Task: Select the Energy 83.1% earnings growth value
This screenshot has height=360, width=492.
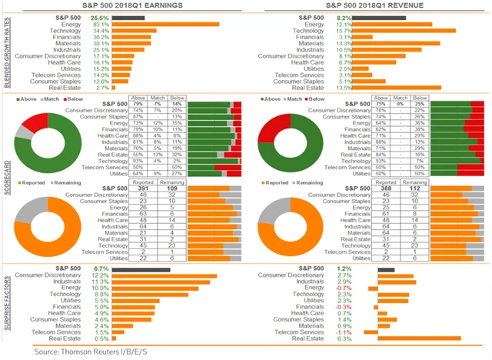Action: coord(99,24)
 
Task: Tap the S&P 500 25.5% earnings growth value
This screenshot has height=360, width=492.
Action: coord(99,16)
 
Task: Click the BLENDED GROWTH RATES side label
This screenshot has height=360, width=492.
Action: coord(6,52)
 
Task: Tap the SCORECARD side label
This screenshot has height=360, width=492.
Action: coord(6,182)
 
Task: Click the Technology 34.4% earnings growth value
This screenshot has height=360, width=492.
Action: coord(99,31)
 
